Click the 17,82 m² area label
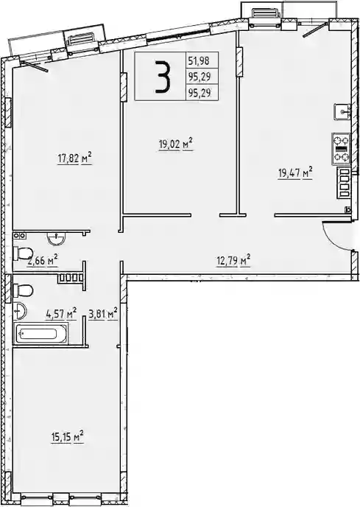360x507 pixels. pos(74,158)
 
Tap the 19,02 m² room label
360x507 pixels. pos(176,144)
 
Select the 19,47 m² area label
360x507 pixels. pos(295,173)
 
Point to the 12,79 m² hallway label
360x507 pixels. pos(233,261)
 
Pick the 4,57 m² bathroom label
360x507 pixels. pos(61,314)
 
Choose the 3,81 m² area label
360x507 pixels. pos(103,314)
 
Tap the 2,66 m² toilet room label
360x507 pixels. pos(43,260)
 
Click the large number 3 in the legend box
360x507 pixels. pos(162,77)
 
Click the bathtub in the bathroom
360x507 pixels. pos(40,333)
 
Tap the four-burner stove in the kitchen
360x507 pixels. pos(342,149)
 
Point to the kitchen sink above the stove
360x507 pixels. pos(342,112)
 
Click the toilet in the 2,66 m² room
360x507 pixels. pos(23,253)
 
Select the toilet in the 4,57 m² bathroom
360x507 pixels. pos(23,290)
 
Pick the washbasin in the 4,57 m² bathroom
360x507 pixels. pos(20,311)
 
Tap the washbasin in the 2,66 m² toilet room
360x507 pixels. pos(57,238)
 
